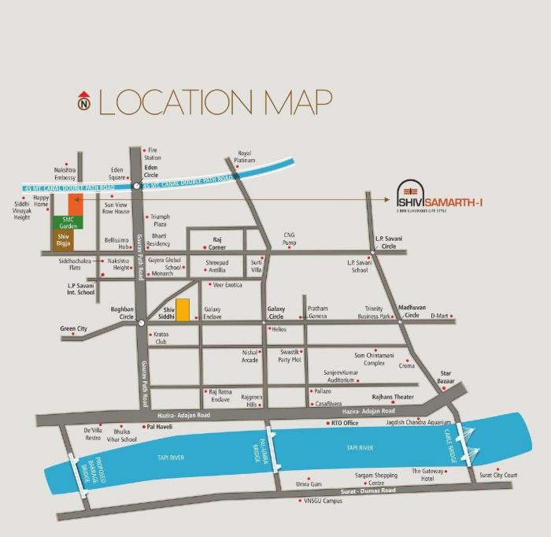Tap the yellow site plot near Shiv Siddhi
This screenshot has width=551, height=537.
(182, 310)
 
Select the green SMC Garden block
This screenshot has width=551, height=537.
(63, 222)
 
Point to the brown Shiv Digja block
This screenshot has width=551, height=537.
(63, 239)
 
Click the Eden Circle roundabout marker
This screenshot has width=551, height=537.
(137, 186)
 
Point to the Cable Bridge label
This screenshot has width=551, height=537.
(451, 448)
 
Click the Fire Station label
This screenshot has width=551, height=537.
(153, 154)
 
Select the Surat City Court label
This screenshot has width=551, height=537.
(499, 475)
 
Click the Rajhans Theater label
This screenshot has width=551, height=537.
(393, 398)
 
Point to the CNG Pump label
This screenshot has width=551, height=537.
(290, 239)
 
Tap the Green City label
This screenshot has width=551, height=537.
(74, 328)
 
